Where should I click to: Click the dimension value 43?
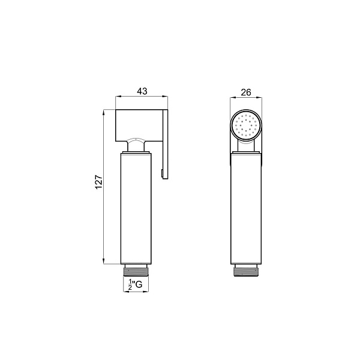click(x=142, y=91)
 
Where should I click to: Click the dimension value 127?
click(x=98, y=182)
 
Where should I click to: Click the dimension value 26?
click(x=246, y=92)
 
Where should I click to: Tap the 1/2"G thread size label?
click(x=135, y=284)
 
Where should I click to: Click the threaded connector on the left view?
click(x=136, y=270)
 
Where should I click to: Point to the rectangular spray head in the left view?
click(x=139, y=125)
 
